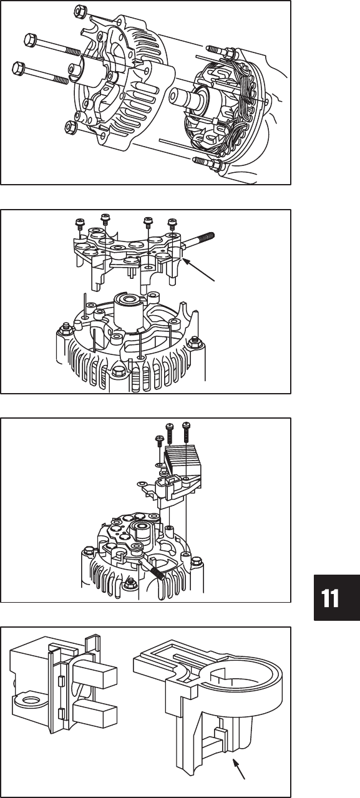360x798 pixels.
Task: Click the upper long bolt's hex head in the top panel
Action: (x=30, y=39)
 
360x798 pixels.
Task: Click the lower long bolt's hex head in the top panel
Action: (x=18, y=69)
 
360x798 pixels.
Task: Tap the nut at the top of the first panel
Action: (x=79, y=12)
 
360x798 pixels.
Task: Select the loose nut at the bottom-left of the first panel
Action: (x=71, y=127)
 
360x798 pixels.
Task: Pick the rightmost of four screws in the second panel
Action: (x=172, y=224)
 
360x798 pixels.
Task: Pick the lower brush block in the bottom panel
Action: (x=95, y=709)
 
